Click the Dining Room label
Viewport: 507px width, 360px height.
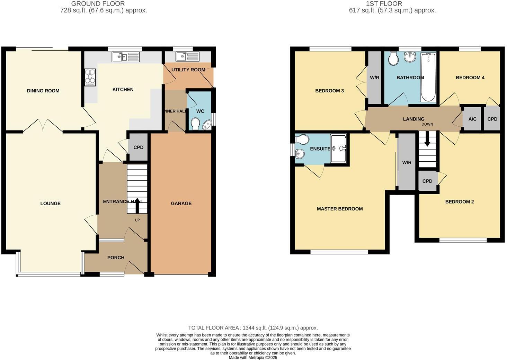pos(43,91)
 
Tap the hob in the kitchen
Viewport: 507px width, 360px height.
pos(90,77)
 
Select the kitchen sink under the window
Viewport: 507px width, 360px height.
pos(125,57)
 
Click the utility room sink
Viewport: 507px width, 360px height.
pos(187,56)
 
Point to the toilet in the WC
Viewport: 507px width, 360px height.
pos(195,123)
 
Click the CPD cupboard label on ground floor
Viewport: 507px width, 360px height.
pos(138,147)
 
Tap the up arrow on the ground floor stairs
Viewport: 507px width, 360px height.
pos(137,205)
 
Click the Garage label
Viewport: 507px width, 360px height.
pos(181,204)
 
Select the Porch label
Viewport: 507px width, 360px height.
pos(116,258)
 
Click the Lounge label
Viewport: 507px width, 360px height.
pos(51,204)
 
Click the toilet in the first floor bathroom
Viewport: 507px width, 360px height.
pos(393,58)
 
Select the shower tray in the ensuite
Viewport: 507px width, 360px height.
pos(338,148)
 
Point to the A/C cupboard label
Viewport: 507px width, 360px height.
pos(472,119)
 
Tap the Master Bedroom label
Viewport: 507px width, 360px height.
pos(340,209)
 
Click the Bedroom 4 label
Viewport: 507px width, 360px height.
pos(470,78)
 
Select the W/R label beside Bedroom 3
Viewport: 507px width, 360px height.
pos(374,78)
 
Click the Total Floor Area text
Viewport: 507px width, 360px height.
pos(253,328)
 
